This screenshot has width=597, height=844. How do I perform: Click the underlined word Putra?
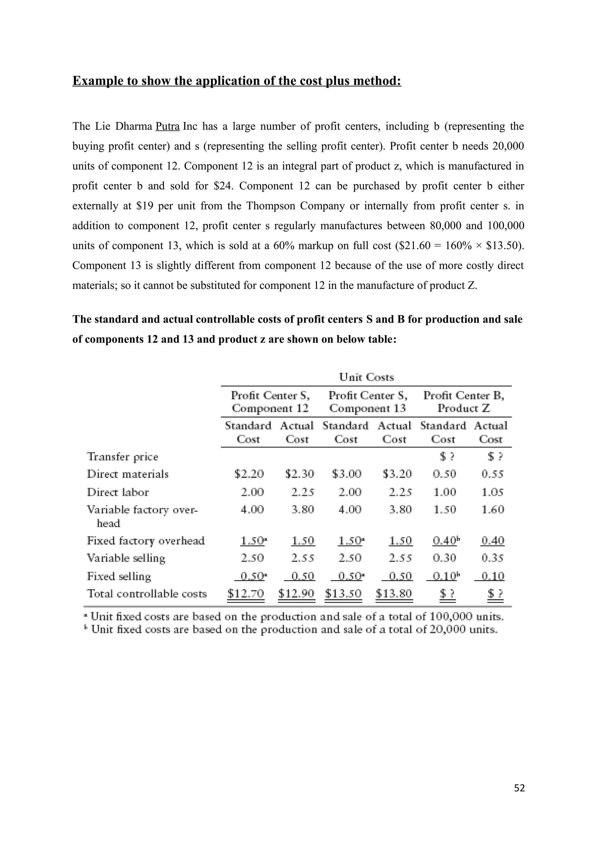167,126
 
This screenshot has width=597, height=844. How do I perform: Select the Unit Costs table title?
366,377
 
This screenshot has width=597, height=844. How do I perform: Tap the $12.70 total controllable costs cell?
245,593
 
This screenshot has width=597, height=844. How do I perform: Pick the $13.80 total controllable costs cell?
394,593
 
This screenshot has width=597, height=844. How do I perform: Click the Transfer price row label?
122,457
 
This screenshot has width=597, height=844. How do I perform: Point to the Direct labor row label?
118,492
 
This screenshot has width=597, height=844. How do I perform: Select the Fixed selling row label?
119,576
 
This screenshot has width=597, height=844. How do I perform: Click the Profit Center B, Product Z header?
463,402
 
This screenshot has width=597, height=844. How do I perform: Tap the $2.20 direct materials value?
249,474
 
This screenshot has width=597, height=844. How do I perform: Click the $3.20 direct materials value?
397,474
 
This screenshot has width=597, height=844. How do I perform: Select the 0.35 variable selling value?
493,558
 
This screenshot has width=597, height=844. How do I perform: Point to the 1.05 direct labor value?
493,492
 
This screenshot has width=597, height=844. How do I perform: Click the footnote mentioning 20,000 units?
291,630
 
